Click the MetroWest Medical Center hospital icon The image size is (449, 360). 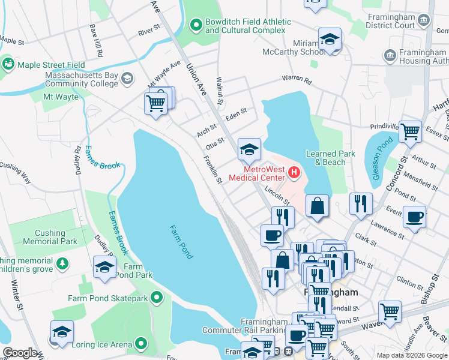(294, 174)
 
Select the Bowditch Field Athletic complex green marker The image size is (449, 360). (195, 25)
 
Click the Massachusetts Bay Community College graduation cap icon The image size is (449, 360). (127, 79)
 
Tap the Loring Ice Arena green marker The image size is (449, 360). (141, 344)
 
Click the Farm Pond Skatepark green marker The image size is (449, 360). (157, 298)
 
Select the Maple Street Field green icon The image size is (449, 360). (8, 64)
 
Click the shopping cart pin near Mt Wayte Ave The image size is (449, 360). (157, 103)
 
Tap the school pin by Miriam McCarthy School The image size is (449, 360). (330, 40)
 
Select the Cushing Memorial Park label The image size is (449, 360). (50, 237)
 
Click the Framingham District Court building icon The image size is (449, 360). (424, 20)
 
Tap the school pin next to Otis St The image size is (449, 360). (249, 149)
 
